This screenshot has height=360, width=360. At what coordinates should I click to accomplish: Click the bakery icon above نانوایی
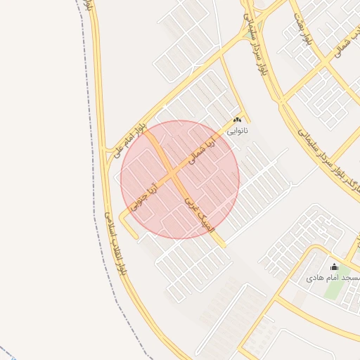[x=238, y=120]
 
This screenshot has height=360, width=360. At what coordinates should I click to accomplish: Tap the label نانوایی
[x=238, y=131]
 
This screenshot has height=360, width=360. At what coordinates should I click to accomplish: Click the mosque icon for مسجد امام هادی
[x=333, y=267]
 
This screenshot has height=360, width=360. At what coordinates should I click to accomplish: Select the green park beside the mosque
[x=336, y=288]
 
